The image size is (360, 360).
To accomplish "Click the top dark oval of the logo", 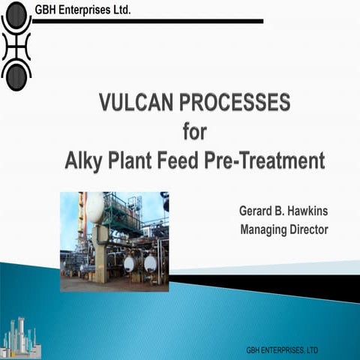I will click(x=16, y=20).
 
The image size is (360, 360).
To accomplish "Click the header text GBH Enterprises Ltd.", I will click(x=82, y=10).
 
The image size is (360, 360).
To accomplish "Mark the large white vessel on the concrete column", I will click(x=95, y=208).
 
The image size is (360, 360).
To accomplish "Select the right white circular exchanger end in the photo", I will click(x=150, y=263).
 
